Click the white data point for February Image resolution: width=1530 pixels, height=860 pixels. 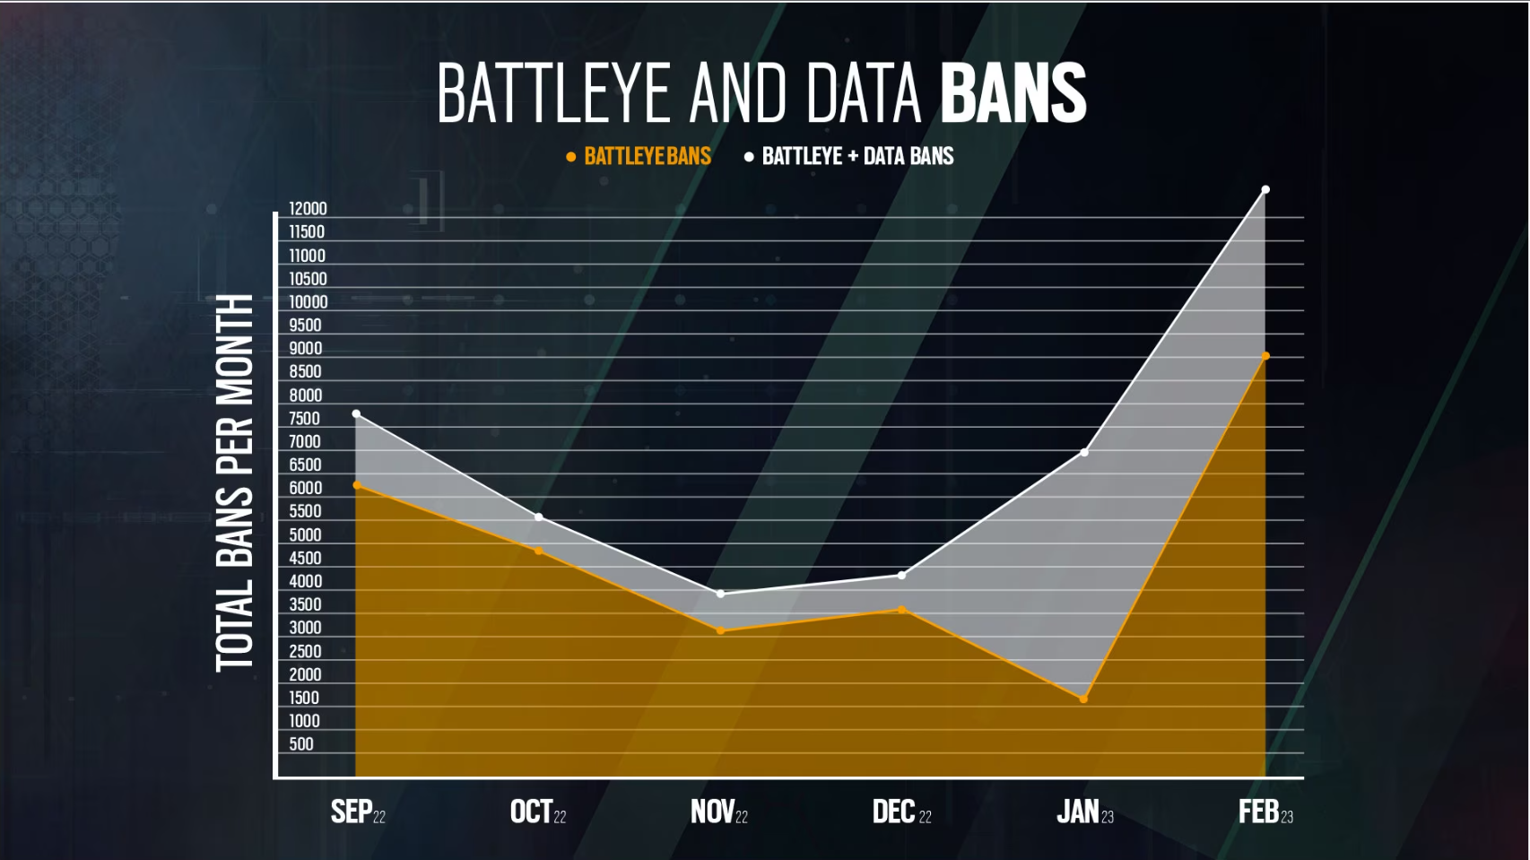(x=1265, y=190)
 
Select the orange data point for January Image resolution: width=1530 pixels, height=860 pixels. (x=1083, y=699)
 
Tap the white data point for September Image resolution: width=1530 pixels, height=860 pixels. (x=356, y=414)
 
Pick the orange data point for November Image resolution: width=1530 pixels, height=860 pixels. (x=720, y=630)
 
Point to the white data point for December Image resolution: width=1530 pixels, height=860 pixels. (x=902, y=576)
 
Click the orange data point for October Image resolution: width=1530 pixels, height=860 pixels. (x=538, y=551)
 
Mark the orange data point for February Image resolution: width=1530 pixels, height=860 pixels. (x=1265, y=356)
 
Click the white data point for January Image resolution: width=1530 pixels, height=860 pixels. (x=1084, y=452)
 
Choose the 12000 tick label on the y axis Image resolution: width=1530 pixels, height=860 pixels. (x=308, y=209)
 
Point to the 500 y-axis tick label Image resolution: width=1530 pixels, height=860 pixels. (x=301, y=744)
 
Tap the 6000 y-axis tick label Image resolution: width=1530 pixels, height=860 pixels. (x=305, y=489)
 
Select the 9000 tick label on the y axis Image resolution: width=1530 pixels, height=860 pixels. (x=305, y=349)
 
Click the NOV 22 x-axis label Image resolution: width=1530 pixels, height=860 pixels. (x=718, y=812)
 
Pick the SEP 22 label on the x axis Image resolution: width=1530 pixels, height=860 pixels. (x=358, y=812)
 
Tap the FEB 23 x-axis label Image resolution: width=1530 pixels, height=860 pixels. (x=1265, y=812)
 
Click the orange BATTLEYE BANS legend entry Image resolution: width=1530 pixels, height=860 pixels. (x=639, y=157)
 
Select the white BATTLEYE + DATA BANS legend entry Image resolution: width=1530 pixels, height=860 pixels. (x=849, y=157)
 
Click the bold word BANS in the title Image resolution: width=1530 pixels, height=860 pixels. (x=1013, y=93)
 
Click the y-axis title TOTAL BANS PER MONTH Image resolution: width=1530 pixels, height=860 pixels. (x=235, y=482)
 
